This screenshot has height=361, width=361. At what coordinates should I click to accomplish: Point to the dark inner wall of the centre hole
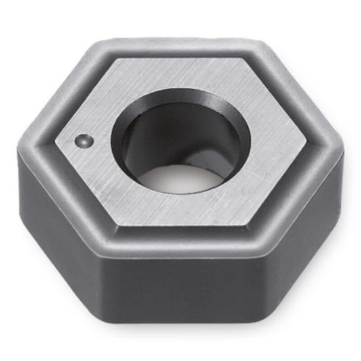(146, 141)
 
